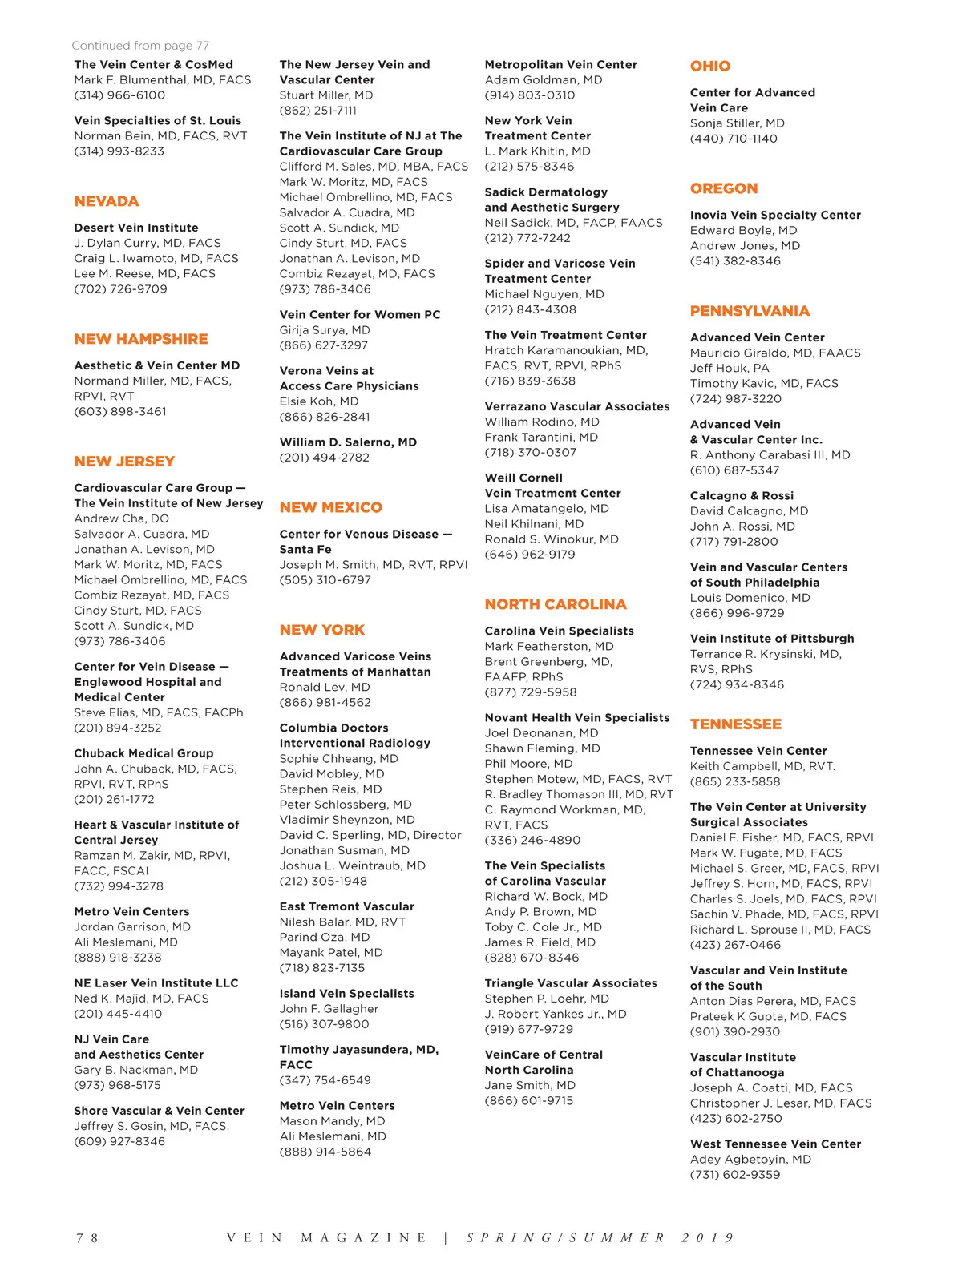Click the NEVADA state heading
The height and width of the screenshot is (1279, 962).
click(x=107, y=201)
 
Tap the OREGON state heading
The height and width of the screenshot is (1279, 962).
click(x=724, y=188)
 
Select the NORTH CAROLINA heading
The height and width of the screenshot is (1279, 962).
click(x=556, y=604)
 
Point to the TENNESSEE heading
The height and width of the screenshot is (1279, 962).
click(x=735, y=724)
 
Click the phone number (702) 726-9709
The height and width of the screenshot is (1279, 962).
click(x=120, y=289)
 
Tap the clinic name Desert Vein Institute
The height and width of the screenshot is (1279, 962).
click(x=136, y=228)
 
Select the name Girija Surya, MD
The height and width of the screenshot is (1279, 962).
click(x=325, y=330)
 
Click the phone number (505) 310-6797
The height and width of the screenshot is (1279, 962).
click(x=325, y=580)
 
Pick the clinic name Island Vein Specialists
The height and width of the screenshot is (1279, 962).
click(x=346, y=994)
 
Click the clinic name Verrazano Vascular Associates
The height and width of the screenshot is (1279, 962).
click(x=577, y=406)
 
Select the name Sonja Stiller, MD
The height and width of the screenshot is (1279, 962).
click(x=738, y=123)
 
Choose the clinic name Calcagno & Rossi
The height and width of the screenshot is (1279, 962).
click(x=742, y=496)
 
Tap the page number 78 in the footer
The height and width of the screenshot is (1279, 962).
click(x=87, y=1238)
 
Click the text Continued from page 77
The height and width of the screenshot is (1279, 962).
click(x=140, y=46)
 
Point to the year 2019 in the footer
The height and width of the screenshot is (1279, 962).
click(x=708, y=1238)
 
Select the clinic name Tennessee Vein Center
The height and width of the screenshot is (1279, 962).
click(x=758, y=752)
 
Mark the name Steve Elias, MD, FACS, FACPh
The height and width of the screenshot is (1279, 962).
click(x=159, y=712)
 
